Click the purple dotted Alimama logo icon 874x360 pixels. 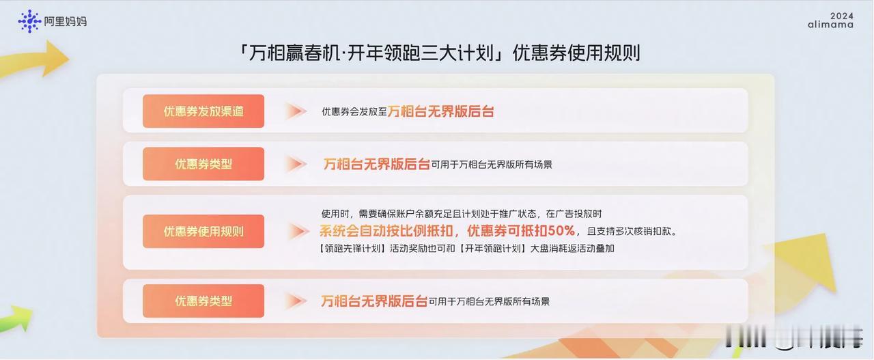tap(29, 21)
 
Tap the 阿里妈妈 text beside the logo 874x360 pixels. tap(65, 21)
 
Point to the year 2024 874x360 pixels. tap(842, 16)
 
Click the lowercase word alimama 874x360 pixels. tap(830, 25)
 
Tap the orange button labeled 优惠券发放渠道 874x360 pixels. tap(203, 111)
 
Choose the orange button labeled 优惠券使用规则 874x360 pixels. tap(203, 231)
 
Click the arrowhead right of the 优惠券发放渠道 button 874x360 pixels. tap(296, 111)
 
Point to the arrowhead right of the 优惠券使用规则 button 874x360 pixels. tap(298, 231)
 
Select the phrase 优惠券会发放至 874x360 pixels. tap(354, 111)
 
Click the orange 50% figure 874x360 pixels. tap(561, 231)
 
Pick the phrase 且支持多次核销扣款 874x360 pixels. tap(629, 231)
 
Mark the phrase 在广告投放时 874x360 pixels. tap(574, 214)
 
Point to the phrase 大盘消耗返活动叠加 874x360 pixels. tap(572, 249)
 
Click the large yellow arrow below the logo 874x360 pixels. tap(34, 59)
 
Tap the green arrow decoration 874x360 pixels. tap(16, 318)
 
